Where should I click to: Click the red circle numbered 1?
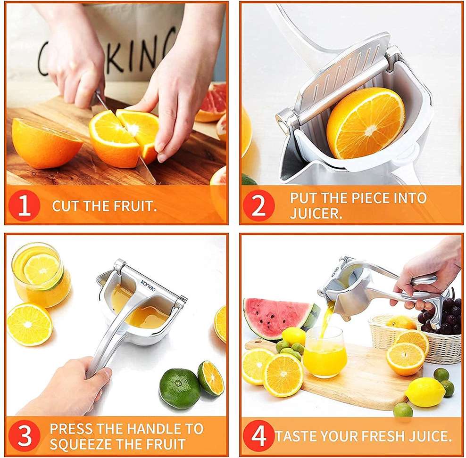click(x=25, y=205)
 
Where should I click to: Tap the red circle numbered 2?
click(x=258, y=205)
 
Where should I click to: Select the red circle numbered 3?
click(x=25, y=435)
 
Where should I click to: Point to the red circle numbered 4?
click(x=258, y=435)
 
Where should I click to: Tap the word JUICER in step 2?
click(x=316, y=213)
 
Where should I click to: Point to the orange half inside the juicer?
click(x=366, y=123)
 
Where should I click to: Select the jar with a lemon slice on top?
click(x=41, y=274)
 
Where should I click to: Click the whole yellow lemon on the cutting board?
click(x=425, y=392)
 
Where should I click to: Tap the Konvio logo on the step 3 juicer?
click(x=148, y=286)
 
